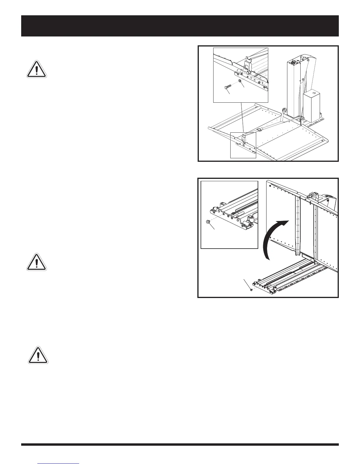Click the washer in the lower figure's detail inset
pyautogui.click(x=208, y=222)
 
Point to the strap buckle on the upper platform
pyautogui.click(x=260, y=129)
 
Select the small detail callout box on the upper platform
pyautogui.click(x=243, y=145)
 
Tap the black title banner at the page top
pyautogui.click(x=180, y=26)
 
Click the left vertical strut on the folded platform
pyautogui.click(x=298, y=225)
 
